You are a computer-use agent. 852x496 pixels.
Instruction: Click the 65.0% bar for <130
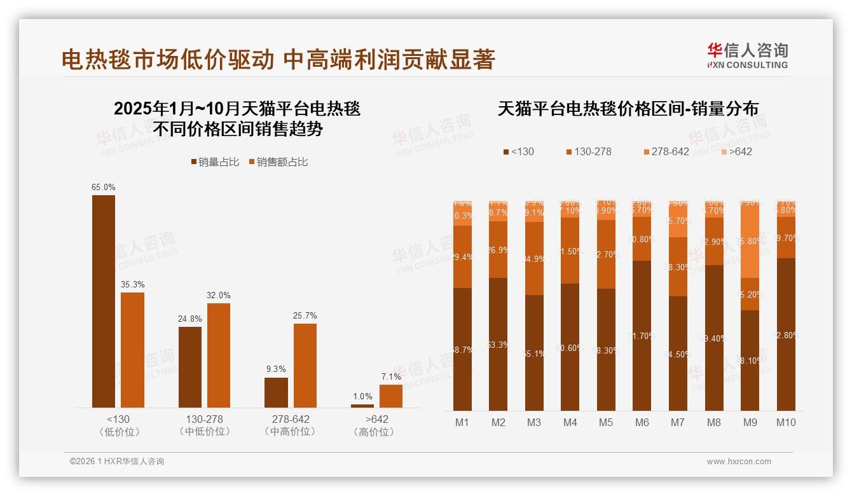[x=104, y=301]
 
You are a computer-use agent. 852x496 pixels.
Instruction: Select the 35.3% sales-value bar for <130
[x=132, y=350]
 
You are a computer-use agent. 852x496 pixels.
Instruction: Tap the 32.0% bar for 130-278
[x=219, y=355]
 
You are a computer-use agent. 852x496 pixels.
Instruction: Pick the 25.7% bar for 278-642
[x=305, y=365]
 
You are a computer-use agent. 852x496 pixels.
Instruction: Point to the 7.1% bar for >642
[x=391, y=396]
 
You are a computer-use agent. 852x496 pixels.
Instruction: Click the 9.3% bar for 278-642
[x=276, y=392]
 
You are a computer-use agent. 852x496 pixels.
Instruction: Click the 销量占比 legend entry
[x=215, y=162]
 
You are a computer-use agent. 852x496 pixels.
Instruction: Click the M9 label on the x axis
[x=750, y=422]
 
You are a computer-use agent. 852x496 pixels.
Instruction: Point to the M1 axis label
[x=462, y=422]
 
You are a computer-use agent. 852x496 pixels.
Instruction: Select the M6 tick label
[x=642, y=422]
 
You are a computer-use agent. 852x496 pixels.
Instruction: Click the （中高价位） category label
[x=290, y=432]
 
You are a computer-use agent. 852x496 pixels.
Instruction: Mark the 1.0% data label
[x=362, y=397]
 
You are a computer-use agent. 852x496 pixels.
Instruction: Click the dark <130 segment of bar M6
[x=642, y=335]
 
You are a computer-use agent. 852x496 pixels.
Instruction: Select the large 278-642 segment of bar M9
[x=750, y=240]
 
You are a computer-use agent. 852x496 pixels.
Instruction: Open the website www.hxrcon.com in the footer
[x=739, y=462]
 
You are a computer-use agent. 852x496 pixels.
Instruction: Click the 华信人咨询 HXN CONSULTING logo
[x=747, y=55]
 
